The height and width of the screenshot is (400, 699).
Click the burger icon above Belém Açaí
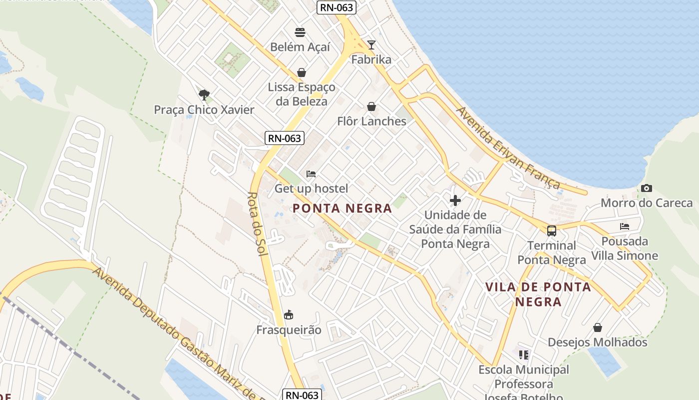300,32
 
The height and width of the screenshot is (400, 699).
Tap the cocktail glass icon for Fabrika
371,45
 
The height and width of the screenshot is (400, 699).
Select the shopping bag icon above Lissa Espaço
302,72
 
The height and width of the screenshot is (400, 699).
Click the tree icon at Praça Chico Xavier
204,94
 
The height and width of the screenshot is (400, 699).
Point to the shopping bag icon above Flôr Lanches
371,106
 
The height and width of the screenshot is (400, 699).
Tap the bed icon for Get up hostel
311,174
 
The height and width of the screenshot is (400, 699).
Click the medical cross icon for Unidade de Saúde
455,200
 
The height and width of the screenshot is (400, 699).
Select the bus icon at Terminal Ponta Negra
552,230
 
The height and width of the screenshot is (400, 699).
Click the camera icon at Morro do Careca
647,188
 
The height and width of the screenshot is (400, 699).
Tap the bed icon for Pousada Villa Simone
625,226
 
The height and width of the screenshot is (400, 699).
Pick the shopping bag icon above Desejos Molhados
598,327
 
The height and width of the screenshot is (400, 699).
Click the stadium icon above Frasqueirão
289,315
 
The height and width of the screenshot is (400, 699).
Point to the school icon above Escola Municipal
523,355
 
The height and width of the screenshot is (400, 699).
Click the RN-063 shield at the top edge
336,7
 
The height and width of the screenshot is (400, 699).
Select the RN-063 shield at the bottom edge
302,395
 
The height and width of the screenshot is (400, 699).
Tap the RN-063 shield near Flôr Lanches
284,138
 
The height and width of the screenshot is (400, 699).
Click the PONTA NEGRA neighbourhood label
343,208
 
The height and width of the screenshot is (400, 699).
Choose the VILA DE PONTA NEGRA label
538,294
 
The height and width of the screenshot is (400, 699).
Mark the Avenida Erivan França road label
508,148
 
